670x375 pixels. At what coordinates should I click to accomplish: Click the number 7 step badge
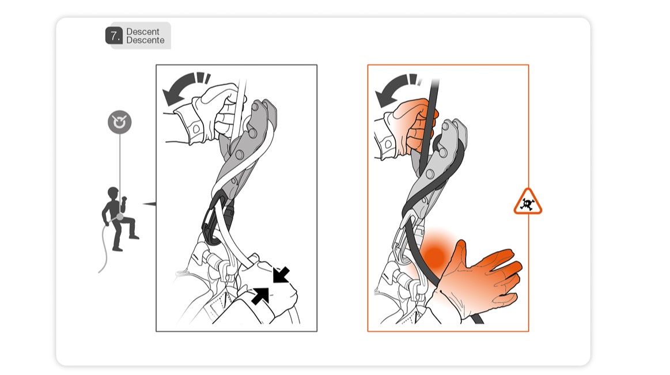113,36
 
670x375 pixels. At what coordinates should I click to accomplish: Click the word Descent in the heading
143,32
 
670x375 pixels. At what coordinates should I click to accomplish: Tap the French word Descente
145,40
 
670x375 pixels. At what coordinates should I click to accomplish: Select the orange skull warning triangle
528,202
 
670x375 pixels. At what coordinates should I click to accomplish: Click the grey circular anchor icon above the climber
120,122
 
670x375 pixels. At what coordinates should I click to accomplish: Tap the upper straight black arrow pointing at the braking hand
281,275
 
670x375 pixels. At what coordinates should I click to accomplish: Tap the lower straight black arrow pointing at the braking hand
260,296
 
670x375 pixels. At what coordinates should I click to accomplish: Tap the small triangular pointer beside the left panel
150,204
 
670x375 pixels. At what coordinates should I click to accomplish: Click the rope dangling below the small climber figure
104,248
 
